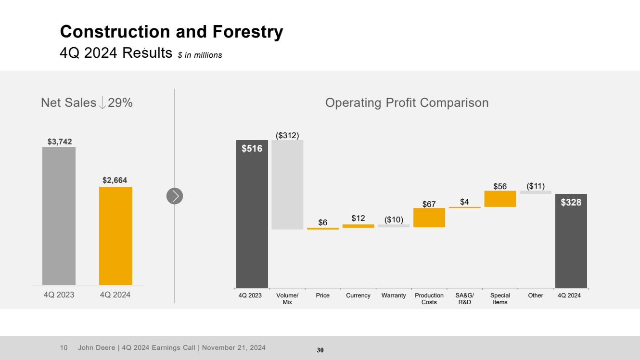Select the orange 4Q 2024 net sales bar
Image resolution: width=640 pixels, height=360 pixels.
point(115,235)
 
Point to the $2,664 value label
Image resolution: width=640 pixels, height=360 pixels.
point(115,180)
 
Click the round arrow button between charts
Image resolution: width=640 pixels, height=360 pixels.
point(175,196)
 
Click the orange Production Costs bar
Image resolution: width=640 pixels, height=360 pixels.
point(429,218)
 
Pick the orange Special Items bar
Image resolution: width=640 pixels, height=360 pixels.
point(500,199)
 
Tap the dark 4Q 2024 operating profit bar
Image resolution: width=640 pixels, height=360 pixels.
point(571,241)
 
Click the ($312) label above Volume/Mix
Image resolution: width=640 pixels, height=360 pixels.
point(287,136)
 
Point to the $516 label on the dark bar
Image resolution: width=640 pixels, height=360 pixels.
point(252,149)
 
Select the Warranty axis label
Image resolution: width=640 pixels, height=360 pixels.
point(394,296)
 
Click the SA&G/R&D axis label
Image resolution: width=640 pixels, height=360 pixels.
point(464,298)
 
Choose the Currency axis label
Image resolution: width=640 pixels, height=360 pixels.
point(358,296)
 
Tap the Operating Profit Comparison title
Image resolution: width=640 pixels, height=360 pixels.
point(407,103)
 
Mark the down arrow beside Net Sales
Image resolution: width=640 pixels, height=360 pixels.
point(102,103)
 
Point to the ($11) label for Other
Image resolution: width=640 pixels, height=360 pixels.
point(536,186)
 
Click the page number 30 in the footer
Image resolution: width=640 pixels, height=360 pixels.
point(320,350)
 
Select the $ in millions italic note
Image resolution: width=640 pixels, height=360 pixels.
point(200,55)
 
